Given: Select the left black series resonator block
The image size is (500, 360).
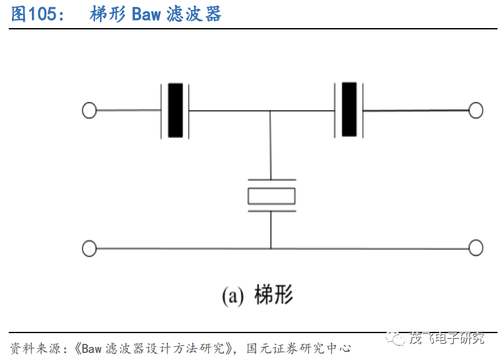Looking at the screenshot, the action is point(176,111).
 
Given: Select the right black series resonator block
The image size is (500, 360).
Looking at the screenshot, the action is point(349,109).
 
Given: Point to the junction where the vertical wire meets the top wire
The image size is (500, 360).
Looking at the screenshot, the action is point(270,111).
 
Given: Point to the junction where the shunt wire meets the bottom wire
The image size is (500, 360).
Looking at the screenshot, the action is point(271,248).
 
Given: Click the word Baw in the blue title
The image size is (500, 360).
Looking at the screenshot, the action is point(146,14).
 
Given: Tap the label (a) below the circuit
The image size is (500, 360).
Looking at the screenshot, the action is point(233,296).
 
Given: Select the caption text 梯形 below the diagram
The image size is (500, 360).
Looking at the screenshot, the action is point(274,294).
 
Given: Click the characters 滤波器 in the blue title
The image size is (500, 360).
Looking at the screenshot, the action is point(194,14).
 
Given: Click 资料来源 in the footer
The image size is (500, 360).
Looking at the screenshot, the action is point(35,348).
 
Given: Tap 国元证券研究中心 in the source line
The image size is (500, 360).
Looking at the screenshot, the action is point(299,348).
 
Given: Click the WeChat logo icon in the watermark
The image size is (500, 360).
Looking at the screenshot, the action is point(395,337).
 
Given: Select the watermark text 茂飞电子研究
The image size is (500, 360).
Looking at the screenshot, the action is point(446,338).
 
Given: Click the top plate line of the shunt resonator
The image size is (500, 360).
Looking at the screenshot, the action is point(272,180).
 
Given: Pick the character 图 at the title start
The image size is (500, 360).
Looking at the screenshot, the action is point(19,14).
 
